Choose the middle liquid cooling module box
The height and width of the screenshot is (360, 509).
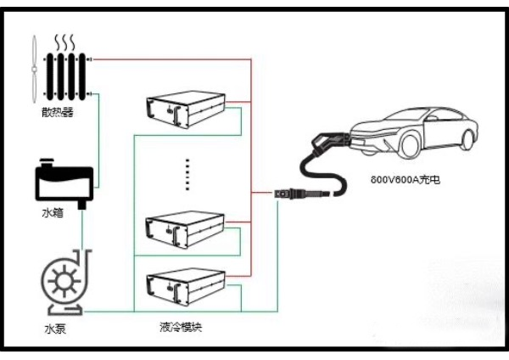(x=186, y=223)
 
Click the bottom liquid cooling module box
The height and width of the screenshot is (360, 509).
(x=186, y=284)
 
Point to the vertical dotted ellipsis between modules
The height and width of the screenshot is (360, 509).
(x=187, y=174)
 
